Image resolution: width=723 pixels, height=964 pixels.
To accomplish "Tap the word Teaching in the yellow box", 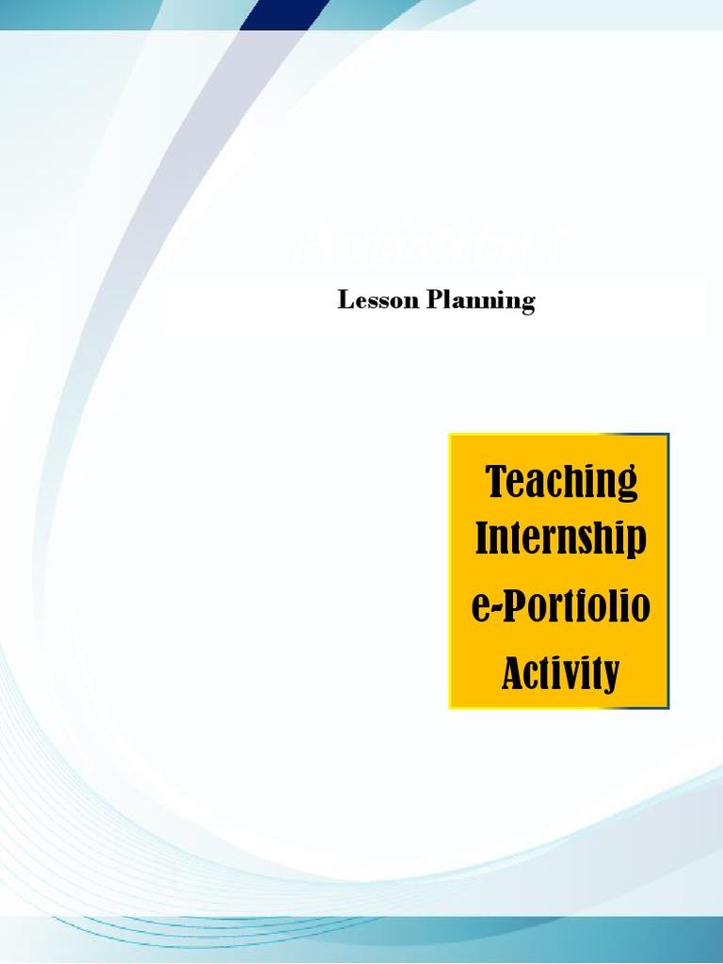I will coord(561,482).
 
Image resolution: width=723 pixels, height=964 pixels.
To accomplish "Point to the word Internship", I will coord(561,539).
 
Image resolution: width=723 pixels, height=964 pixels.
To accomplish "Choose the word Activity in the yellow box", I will coord(561,674).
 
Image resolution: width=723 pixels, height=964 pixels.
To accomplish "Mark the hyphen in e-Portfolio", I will coord(493,610).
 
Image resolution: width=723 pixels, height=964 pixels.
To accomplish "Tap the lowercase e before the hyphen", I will coord(479,608).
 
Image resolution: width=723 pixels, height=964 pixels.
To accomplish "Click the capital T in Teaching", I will coord(496,481).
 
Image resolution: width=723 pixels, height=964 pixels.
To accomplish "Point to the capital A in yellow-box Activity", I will coord(513,673).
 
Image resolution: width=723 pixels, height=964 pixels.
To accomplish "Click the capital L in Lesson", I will coord(345,300).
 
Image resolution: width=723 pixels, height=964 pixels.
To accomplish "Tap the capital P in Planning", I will coord(436,300).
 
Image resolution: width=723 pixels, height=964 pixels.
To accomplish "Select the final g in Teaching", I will coord(627,486).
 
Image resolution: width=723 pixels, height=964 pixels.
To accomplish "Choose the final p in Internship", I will coord(637,543).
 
